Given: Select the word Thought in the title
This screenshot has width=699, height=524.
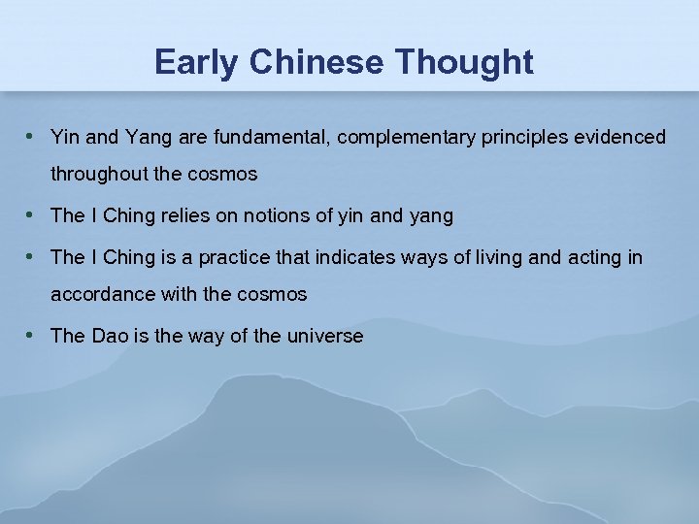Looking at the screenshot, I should pyautogui.click(x=464, y=62).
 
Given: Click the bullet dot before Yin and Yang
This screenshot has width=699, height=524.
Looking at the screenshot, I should pyautogui.click(x=32, y=137).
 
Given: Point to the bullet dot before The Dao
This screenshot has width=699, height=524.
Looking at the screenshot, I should pyautogui.click(x=32, y=336).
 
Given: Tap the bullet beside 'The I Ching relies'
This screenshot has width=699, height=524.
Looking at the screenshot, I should pyautogui.click(x=32, y=215).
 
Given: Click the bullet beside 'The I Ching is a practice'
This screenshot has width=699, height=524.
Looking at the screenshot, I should pyautogui.click(x=32, y=257).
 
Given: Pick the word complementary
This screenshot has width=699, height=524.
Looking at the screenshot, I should pyautogui.click(x=404, y=138).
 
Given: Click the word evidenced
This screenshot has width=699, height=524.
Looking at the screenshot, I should pyautogui.click(x=620, y=138).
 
